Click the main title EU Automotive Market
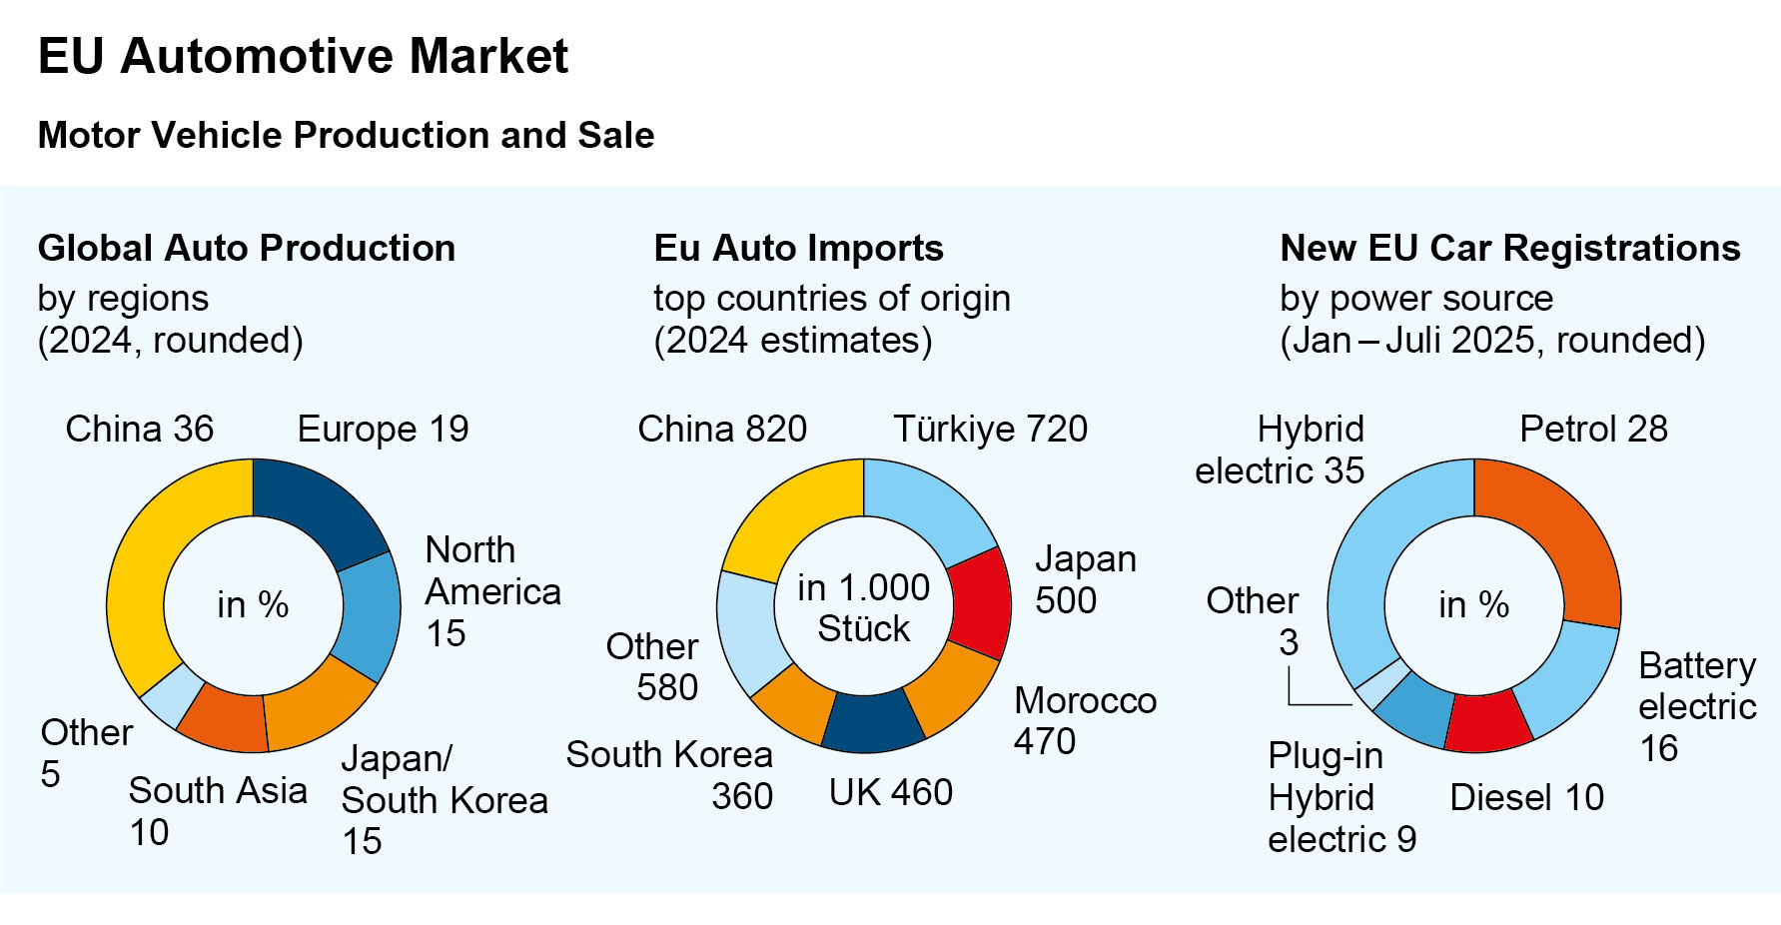[x=303, y=56]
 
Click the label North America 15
[x=491, y=591]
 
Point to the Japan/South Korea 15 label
[x=444, y=799]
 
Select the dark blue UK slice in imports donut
[x=871, y=721]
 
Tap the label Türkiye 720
[x=990, y=429]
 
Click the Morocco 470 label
[x=1085, y=720]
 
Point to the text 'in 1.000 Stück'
[x=863, y=607]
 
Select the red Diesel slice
[x=1487, y=722]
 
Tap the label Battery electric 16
[x=1696, y=706]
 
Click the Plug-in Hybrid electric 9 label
[x=1340, y=797]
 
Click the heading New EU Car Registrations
[x=1509, y=248]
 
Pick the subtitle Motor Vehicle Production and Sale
[x=346, y=135]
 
